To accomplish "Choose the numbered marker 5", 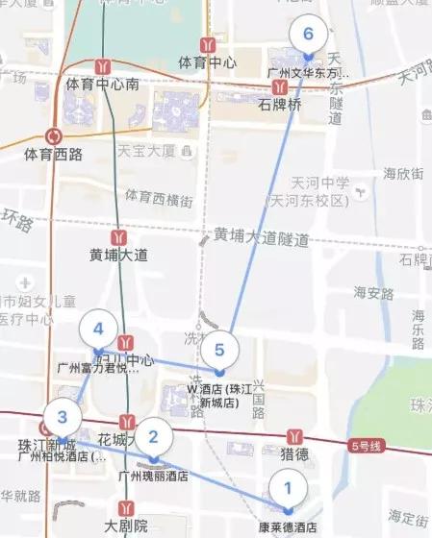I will pyautogui.click(x=219, y=351).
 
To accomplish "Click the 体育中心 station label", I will pyautogui.click(x=208, y=62).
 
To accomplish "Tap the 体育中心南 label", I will pyautogui.click(x=102, y=85).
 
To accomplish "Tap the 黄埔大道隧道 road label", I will pyautogui.click(x=261, y=233).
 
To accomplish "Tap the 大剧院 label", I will pyautogui.click(x=126, y=526).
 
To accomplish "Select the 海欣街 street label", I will pyautogui.click(x=403, y=174).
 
